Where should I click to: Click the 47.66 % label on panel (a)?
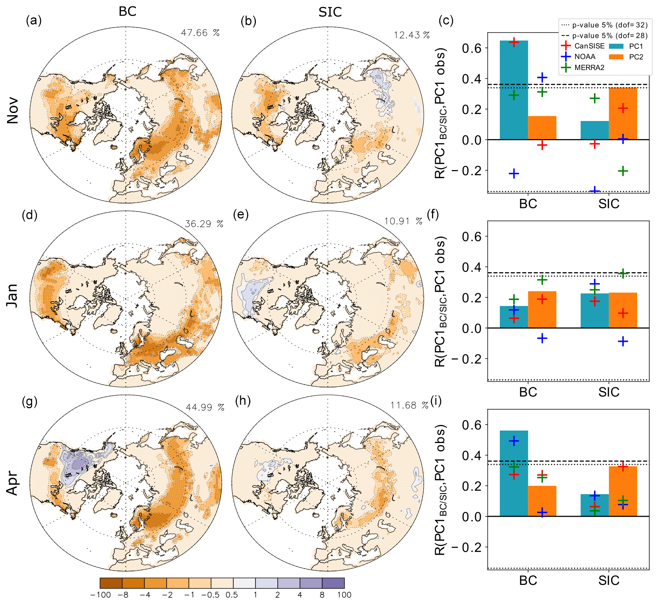[200, 33]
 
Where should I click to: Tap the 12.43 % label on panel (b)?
[412, 35]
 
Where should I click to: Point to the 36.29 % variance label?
[204, 224]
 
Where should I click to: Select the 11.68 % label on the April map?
[409, 405]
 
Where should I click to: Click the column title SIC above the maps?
[330, 12]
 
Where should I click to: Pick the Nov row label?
[13, 111]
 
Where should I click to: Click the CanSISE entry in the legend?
[589, 46]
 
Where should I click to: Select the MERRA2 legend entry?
[589, 67]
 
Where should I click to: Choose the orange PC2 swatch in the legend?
[616, 57]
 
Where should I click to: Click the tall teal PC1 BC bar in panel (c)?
[514, 90]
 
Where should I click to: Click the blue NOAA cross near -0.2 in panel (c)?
[514, 174]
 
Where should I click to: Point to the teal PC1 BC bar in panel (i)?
[514, 473]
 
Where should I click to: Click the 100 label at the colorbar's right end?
[344, 595]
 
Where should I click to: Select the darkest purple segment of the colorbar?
[333, 583]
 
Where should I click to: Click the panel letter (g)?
[30, 402]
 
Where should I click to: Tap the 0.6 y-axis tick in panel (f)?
[471, 237]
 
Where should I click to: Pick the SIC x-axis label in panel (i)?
[609, 580]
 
